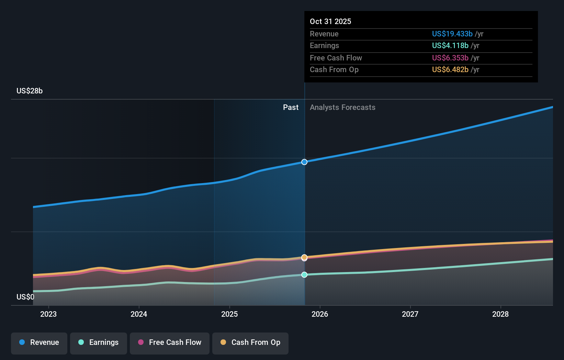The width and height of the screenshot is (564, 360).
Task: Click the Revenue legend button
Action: [39, 342]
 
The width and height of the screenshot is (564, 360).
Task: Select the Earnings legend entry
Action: [99, 342]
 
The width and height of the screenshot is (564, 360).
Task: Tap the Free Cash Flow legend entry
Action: [170, 342]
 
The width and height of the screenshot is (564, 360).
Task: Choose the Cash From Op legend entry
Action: [250, 342]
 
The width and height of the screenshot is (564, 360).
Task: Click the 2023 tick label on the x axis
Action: [48, 314]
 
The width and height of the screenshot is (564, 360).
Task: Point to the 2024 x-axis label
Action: [139, 314]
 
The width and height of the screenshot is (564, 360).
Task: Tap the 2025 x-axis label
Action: [229, 314]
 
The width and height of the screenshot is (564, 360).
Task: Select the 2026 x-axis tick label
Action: [320, 314]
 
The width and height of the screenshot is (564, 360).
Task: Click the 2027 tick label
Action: [410, 314]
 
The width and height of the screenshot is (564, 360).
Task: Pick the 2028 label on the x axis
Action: [500, 314]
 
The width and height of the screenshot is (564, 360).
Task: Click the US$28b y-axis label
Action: [30, 91]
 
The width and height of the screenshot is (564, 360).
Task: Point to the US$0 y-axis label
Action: [25, 297]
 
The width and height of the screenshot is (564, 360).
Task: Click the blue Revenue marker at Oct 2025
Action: [304, 162]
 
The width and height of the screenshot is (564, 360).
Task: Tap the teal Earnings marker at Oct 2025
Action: [304, 275]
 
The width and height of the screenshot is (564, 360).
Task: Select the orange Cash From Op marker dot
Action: [304, 257]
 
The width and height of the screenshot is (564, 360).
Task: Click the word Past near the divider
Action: [291, 108]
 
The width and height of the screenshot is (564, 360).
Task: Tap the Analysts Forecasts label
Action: [342, 108]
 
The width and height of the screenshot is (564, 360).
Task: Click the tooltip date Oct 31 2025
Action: [330, 21]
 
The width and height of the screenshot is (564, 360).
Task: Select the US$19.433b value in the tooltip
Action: [452, 34]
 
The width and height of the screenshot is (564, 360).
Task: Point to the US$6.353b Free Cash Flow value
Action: [450, 58]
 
